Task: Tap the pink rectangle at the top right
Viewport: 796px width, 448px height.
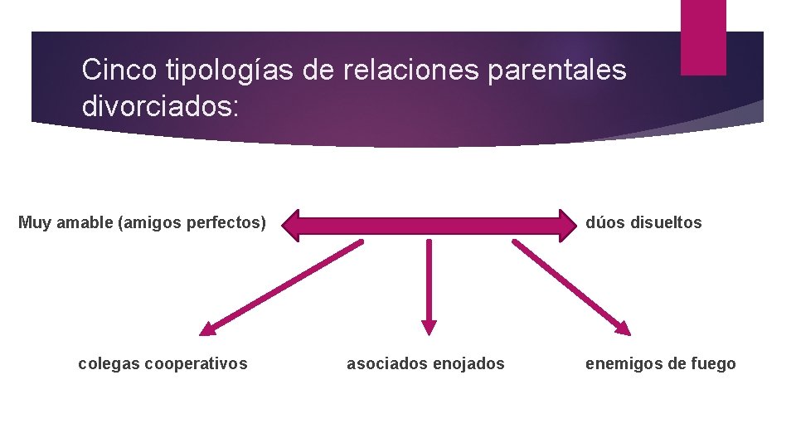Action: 703,37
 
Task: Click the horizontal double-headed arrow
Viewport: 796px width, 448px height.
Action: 429,223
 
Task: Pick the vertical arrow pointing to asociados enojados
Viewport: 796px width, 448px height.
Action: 429,286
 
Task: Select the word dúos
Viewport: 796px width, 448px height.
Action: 604,222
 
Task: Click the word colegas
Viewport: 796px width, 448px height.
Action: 108,363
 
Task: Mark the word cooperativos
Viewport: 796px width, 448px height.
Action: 196,363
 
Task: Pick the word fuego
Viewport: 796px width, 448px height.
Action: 713,363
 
